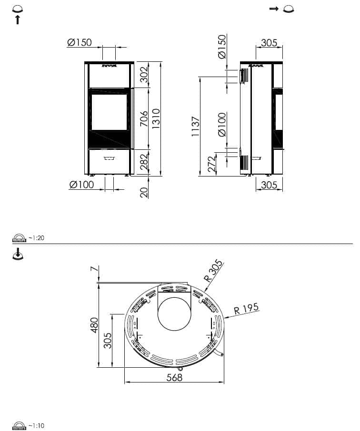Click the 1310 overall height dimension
(x=156, y=118)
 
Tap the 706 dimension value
(x=144, y=119)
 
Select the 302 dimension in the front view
(x=144, y=75)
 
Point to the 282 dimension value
(x=144, y=162)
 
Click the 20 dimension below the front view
(x=144, y=192)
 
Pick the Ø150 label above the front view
(x=80, y=43)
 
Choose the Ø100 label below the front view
(x=81, y=185)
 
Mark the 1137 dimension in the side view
(x=195, y=127)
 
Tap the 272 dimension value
(x=211, y=165)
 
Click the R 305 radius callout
(x=213, y=271)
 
